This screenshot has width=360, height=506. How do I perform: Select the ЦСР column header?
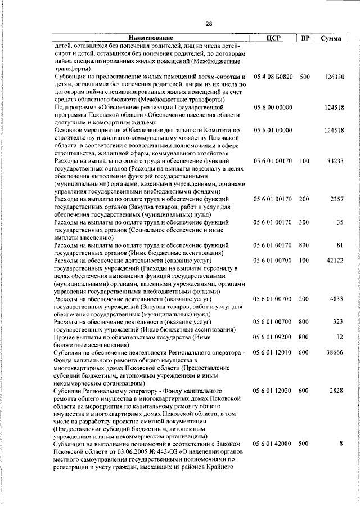coord(273,38)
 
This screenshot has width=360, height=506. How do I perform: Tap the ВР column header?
coord(304,38)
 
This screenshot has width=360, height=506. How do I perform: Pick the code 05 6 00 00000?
coord(273,107)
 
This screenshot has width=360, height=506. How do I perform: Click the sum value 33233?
coord(335,161)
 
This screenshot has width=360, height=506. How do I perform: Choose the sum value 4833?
coord(337,298)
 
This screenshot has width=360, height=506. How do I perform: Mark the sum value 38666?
coord(335,352)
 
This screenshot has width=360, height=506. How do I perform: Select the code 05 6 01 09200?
coord(273,337)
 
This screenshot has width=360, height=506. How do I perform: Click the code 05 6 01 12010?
coord(273,352)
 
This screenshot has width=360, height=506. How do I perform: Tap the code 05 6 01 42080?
coord(273,444)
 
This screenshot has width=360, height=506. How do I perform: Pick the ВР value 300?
coord(304,222)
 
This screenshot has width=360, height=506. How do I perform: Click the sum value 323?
coord(338,321)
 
